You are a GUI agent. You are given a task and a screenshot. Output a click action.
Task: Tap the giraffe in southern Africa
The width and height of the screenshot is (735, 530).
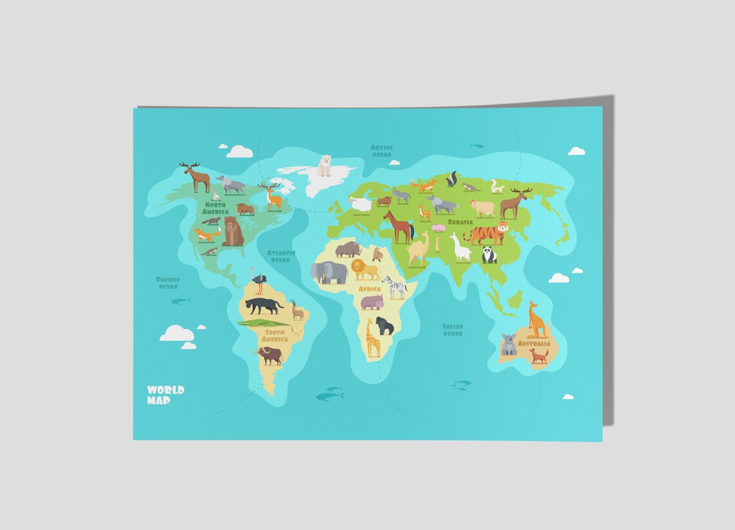coord(373,338)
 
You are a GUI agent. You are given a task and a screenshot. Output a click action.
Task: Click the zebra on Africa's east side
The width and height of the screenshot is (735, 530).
coord(395,286)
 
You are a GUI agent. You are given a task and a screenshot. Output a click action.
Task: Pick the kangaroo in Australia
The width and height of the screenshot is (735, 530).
coord(537,320)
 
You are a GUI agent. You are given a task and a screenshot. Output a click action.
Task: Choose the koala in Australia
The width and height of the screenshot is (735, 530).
coord(509,345)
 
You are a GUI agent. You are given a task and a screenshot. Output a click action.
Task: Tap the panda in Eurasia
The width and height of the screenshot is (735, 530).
coord(490,255)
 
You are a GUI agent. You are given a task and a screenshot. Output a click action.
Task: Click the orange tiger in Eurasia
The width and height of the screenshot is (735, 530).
coord(487,233)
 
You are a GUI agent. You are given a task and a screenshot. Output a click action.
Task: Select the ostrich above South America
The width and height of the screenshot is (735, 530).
coord(259,283)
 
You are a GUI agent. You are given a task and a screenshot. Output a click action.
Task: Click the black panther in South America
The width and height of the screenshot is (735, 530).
coord(263,305)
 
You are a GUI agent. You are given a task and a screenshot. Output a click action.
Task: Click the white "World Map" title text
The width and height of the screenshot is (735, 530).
coord(165,395)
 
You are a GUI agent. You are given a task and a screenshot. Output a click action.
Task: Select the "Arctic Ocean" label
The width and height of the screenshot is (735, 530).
coord(381,151)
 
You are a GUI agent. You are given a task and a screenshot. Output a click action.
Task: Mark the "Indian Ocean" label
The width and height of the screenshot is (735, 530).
coord(453,329)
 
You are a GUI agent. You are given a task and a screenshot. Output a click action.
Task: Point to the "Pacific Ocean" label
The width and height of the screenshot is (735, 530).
coord(168,282)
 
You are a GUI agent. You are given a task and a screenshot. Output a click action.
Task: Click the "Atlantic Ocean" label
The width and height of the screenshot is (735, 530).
coord(280,256)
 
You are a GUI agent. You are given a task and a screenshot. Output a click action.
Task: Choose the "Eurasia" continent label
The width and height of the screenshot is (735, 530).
coord(460,222)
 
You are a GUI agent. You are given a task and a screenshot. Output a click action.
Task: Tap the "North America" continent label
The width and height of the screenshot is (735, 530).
coord(215,208)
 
